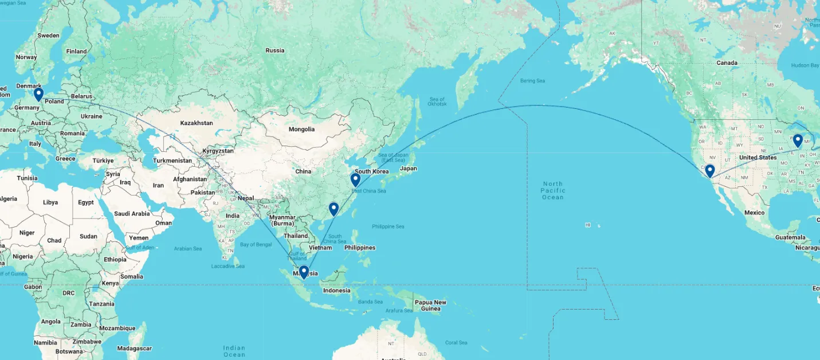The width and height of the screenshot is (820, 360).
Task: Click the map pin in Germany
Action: (38, 93)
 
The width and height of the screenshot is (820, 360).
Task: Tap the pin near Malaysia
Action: (304, 272)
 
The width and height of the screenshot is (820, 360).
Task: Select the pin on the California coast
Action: (709, 170)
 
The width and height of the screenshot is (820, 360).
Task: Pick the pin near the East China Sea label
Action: (355, 179)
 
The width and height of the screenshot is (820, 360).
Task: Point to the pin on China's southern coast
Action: (334, 208)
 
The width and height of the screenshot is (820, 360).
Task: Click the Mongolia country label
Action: (301, 129)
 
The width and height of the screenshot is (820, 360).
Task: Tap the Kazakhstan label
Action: (197, 123)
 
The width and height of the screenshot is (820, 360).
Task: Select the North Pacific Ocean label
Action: (553, 190)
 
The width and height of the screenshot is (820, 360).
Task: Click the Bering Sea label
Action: (532, 81)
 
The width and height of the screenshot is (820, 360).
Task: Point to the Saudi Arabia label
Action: (132, 213)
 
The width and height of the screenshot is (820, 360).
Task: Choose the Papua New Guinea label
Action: (430, 306)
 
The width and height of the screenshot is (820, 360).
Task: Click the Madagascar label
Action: (134, 348)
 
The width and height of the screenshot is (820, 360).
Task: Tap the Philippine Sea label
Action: (388, 226)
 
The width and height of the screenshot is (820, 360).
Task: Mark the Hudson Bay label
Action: (805, 65)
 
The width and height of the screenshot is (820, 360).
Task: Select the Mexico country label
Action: (754, 213)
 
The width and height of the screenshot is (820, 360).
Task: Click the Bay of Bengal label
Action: (256, 245)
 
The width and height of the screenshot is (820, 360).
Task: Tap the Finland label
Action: (76, 51)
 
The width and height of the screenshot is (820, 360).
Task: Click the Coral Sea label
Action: (456, 343)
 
